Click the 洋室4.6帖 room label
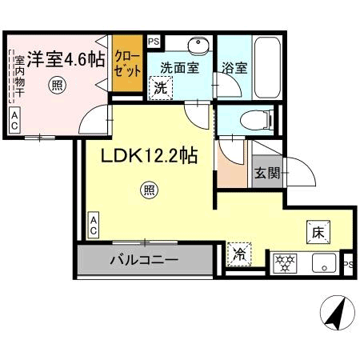click(66, 59)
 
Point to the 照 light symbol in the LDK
click(149, 190)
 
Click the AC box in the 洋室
click(15, 120)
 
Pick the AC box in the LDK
click(94, 225)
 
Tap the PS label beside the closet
click(154, 40)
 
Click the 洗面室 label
click(180, 68)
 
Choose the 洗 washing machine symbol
click(161, 88)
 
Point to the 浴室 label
click(234, 68)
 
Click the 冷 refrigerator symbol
click(238, 255)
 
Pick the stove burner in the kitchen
click(284, 261)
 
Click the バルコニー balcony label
click(144, 260)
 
